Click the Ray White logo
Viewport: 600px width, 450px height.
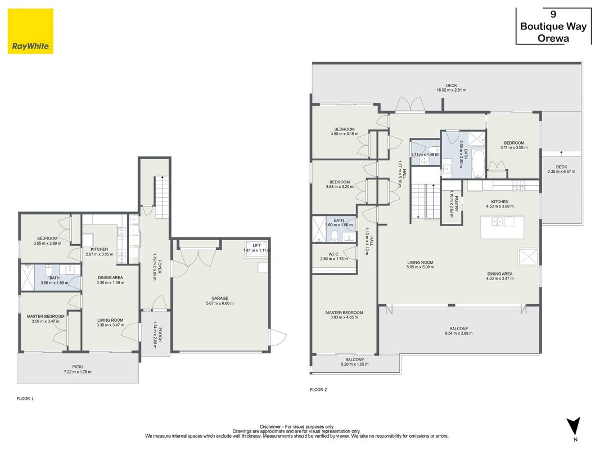[30, 31]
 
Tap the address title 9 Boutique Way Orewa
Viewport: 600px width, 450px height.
[553, 26]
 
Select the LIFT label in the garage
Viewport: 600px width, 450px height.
[256, 245]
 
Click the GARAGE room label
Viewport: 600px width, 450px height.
[220, 298]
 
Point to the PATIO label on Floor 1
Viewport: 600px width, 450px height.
[78, 367]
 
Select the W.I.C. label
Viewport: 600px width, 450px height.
[333, 254]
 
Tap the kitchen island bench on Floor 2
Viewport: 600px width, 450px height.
[502, 227]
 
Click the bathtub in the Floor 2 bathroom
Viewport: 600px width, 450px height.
[478, 164]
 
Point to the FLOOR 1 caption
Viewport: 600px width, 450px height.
[25, 399]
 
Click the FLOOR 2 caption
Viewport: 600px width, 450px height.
[318, 390]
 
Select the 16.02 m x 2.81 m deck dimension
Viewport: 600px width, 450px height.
[452, 91]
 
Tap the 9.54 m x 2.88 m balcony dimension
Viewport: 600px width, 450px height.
[459, 334]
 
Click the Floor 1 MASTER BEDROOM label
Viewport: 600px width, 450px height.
[46, 317]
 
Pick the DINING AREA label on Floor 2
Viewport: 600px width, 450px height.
[500, 274]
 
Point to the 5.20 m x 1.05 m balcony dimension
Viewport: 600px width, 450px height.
[355, 364]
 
